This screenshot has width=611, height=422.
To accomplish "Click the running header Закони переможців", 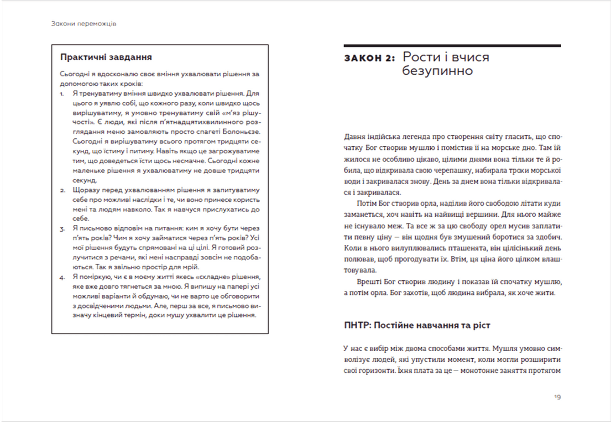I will pyautogui.click(x=83, y=24).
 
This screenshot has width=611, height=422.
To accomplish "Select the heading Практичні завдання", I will pyautogui.click(x=106, y=57).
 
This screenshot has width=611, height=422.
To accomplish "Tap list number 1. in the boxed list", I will pyautogui.click(x=63, y=94).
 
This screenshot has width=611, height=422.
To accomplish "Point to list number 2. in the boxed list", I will pyautogui.click(x=63, y=190).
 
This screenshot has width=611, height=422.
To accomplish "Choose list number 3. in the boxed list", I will pyautogui.click(x=63, y=228).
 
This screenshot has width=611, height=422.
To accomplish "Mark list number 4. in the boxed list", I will pyautogui.click(x=63, y=276).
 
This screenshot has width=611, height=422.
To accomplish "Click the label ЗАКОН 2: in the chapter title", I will pyautogui.click(x=370, y=58).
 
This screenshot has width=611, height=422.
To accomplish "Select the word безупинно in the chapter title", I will pyautogui.click(x=437, y=71).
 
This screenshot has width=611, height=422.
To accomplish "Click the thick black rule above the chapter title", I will pyautogui.click(x=452, y=45).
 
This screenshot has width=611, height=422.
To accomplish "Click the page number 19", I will pyautogui.click(x=557, y=397).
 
